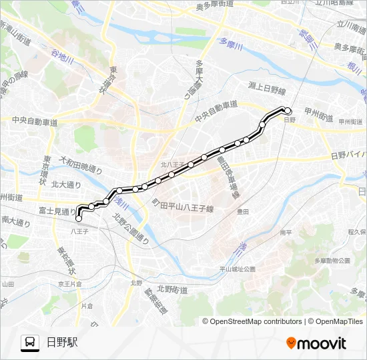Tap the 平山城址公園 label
tap(238, 269)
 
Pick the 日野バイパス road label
tap(348, 155)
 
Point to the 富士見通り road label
tap(57, 210)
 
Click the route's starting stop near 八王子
tap(79, 218)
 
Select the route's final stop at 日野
tap(288, 111)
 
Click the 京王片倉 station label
tap(69, 283)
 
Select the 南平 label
tap(286, 233)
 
